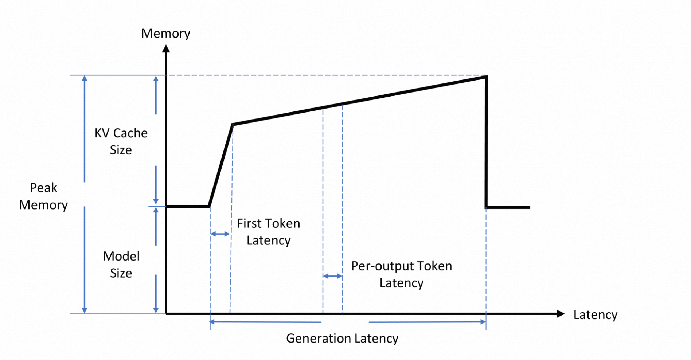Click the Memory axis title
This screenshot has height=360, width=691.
pos(165,34)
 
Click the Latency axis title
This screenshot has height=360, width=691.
pos(595,315)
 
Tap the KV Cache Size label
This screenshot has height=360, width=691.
pos(121,141)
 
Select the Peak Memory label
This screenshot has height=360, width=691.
pos(43,196)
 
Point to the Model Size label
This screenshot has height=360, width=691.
pos(121,265)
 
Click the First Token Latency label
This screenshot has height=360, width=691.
pos(269,232)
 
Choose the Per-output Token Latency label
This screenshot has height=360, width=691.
pos(401,274)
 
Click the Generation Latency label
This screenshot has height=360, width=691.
pos(342,339)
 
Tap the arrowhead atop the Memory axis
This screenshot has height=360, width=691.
pos(166,49)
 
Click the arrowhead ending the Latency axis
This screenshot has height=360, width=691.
pos(561,314)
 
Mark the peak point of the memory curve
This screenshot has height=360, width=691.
pos(486,76)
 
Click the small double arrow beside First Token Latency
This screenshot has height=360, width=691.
pos(220,234)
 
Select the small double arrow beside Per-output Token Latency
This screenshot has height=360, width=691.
pos(332,276)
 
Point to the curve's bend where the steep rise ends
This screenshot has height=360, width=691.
pos(233,125)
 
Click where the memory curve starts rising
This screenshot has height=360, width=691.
pos(209,207)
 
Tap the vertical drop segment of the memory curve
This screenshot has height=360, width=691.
pos(486,142)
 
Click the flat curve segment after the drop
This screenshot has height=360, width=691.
pos(508,207)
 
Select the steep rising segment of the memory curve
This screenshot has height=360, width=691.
pos(221,166)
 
